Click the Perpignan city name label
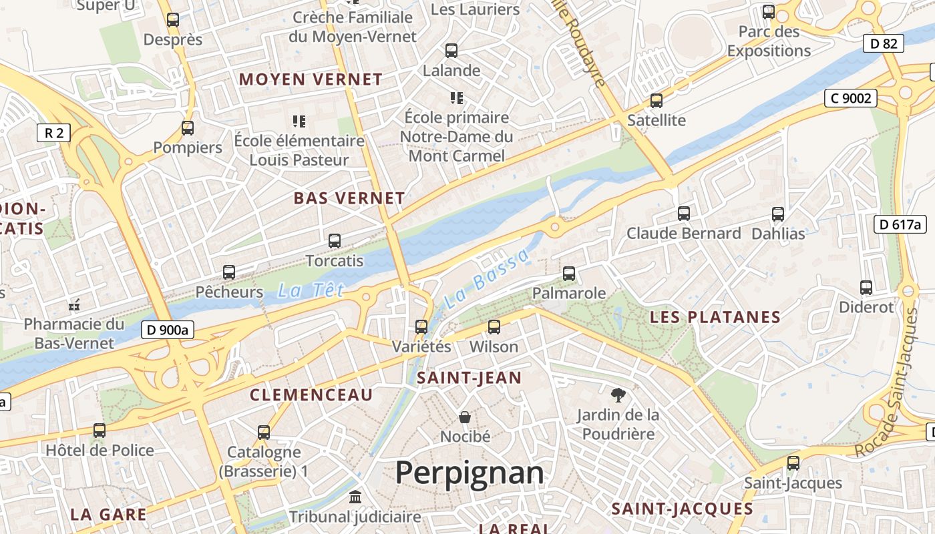470,473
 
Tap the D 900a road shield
168,329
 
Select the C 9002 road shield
850,98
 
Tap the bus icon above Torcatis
335,241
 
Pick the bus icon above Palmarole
569,274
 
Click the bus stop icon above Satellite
657,101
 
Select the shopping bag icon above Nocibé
465,417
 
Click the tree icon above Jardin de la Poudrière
618,394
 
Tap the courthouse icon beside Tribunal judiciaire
355,497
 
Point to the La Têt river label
311,290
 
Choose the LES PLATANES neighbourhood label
715,317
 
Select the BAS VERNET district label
349,198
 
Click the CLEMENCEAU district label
311,394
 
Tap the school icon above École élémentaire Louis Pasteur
299,121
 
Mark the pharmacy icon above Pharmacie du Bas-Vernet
74,305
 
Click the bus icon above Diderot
866,288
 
